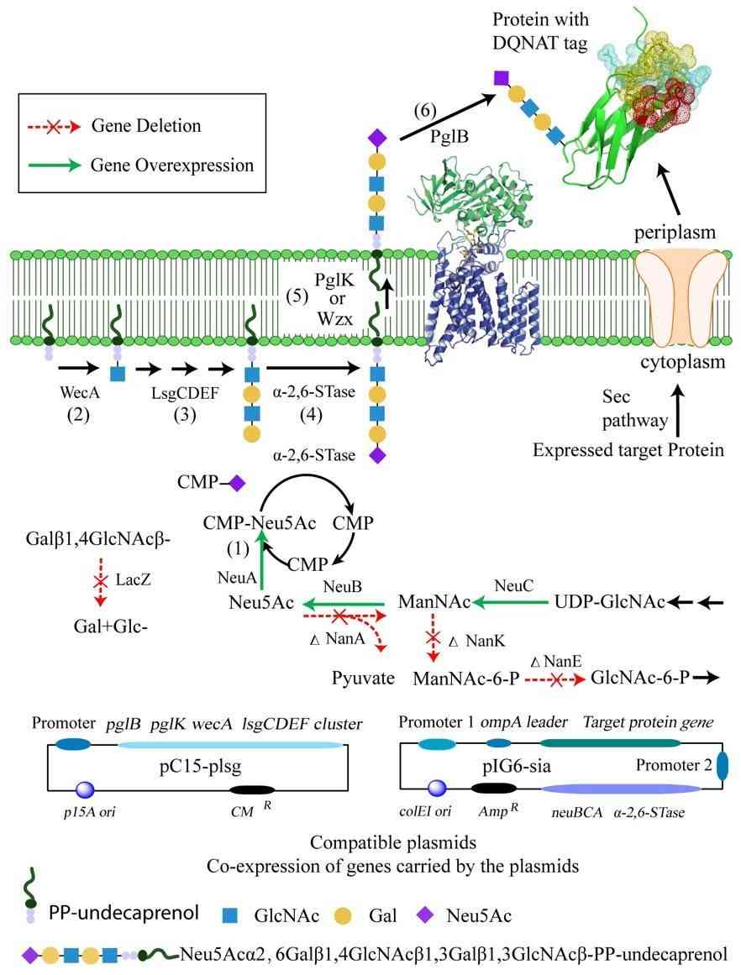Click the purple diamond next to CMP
pos(237,483)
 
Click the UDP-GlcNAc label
pos(609,602)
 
